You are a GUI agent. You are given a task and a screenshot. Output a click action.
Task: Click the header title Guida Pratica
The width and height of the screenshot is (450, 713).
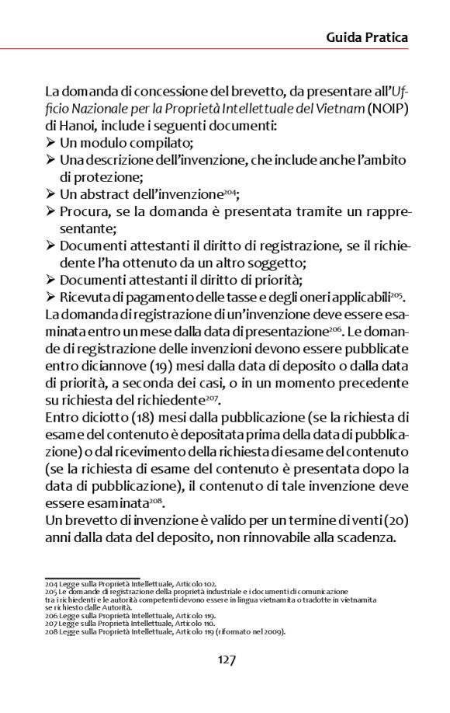click(x=366, y=37)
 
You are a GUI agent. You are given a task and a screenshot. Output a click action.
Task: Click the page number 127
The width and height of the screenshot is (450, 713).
click(x=226, y=660)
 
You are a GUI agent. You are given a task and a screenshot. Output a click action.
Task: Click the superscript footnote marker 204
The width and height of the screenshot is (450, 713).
click(x=230, y=190)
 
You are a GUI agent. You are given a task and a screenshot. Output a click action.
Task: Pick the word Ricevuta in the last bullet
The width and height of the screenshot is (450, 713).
click(x=86, y=297)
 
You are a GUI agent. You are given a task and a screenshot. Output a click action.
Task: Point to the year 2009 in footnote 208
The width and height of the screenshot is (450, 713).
click(x=275, y=631)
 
